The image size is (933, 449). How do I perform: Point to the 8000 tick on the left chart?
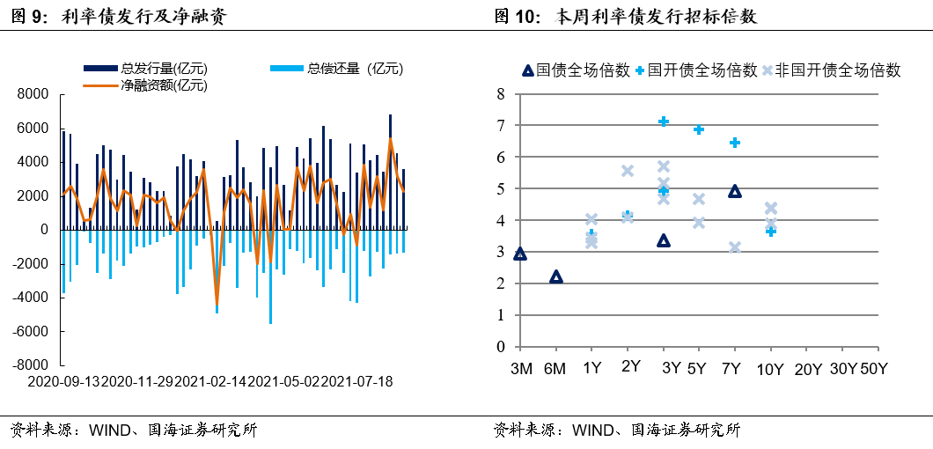tap(33, 94)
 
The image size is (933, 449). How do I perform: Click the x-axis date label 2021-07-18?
tap(357, 382)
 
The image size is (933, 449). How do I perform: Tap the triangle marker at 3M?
tap(519, 254)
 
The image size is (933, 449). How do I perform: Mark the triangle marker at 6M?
tap(555, 276)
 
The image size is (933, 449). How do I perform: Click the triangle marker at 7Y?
tap(735, 191)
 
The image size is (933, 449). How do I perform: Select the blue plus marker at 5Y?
tap(699, 129)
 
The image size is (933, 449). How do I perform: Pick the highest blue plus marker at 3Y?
tap(664, 121)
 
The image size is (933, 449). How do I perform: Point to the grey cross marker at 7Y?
tap(735, 247)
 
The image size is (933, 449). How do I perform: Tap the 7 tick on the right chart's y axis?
tap(500, 126)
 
